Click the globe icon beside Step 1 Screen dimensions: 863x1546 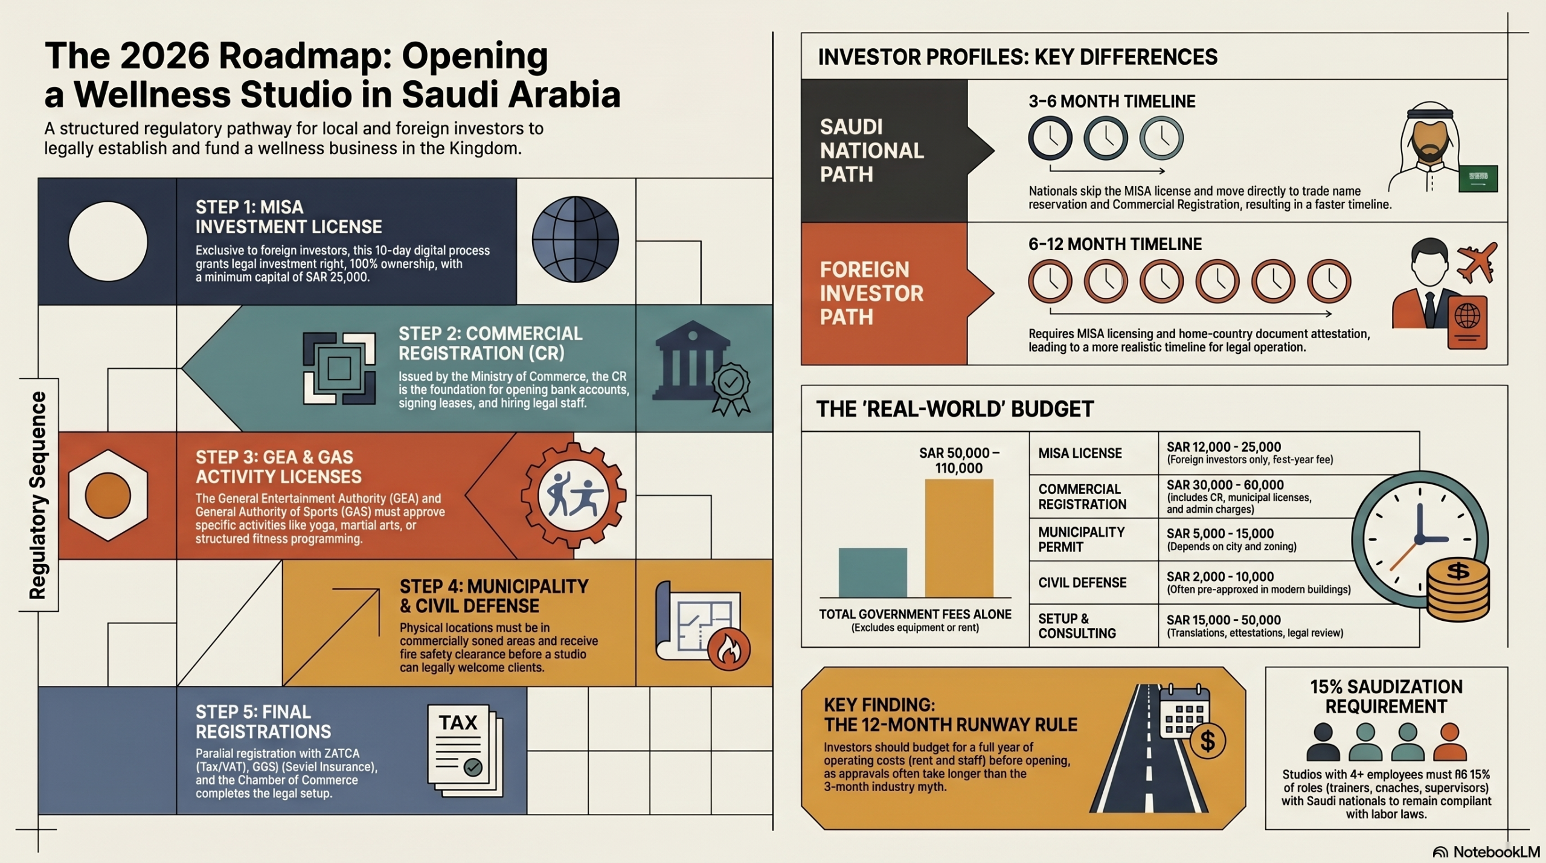tap(575, 239)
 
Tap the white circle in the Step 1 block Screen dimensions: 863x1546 tap(108, 242)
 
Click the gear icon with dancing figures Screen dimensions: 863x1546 tap(573, 496)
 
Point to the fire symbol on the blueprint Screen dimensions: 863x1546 tap(729, 649)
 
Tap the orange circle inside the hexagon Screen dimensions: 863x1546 tap(108, 495)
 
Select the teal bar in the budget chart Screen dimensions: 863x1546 tap(872, 573)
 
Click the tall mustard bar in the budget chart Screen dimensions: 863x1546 tap(958, 537)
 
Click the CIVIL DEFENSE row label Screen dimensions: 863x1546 tap(1082, 583)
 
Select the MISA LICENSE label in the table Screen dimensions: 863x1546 tap(1080, 454)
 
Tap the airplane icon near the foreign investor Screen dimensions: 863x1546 tap(1476, 263)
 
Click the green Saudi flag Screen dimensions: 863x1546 tap(1478, 179)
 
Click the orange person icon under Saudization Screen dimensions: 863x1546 tap(1449, 743)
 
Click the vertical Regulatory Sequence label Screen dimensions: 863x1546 tap(38, 495)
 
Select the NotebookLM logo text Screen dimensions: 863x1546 tap(1495, 852)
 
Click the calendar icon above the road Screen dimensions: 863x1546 tap(1184, 713)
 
